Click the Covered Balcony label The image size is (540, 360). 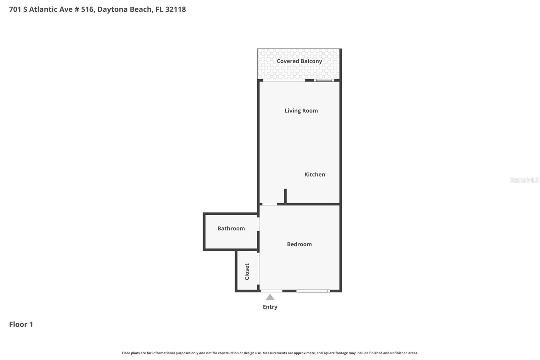point(299,61)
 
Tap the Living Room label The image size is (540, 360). point(301,111)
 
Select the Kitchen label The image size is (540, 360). point(315,175)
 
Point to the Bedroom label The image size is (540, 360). point(299,244)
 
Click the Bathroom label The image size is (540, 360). point(231,229)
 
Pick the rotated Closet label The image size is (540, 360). point(247,272)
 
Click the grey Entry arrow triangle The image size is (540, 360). point(270,297)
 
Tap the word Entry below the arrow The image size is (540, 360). point(270,307)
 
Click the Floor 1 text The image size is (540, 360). point(21,325)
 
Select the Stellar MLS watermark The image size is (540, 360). point(524,180)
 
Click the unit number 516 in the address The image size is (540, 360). point(87,9)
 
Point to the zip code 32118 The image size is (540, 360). point(175,9)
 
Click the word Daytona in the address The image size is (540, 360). point(112,9)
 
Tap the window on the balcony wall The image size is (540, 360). point(324,80)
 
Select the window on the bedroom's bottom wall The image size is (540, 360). point(313,291)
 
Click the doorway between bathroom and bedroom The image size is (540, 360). point(258,224)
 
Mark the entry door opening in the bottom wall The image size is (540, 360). point(271,291)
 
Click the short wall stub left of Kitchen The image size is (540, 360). point(285,196)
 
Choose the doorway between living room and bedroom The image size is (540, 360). point(270,204)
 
